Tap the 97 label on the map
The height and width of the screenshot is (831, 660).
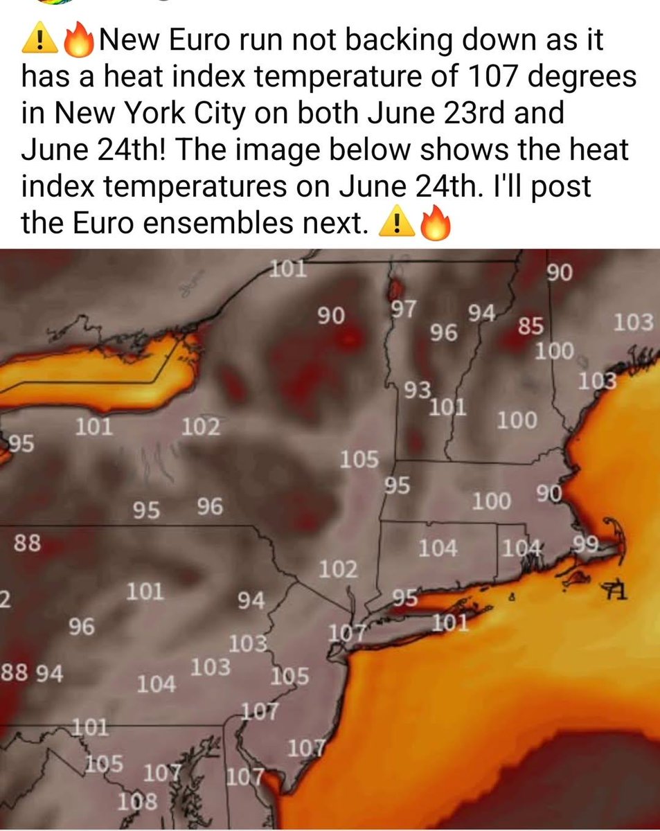click(x=402, y=309)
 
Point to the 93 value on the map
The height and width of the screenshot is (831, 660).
click(x=418, y=390)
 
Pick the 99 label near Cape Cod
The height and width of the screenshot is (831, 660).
click(x=585, y=544)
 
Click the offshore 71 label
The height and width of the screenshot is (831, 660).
click(x=614, y=591)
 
